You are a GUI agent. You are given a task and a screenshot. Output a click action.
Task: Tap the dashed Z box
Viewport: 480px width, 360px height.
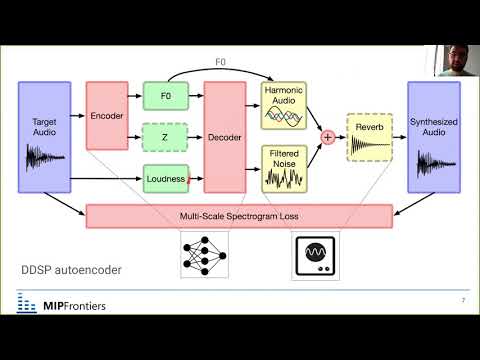click(166, 137)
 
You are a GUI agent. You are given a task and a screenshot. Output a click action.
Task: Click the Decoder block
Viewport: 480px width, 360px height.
click(224, 137)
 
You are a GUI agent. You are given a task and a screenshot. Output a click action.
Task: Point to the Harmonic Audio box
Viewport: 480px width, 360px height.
click(285, 105)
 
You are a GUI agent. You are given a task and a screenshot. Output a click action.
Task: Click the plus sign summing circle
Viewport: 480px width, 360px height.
click(326, 138)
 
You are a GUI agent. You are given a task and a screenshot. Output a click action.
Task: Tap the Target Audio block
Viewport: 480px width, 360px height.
click(44, 137)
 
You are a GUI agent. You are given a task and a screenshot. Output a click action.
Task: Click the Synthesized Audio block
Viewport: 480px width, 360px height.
click(433, 137)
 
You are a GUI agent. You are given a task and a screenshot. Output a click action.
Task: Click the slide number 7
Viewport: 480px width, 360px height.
click(463, 301)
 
